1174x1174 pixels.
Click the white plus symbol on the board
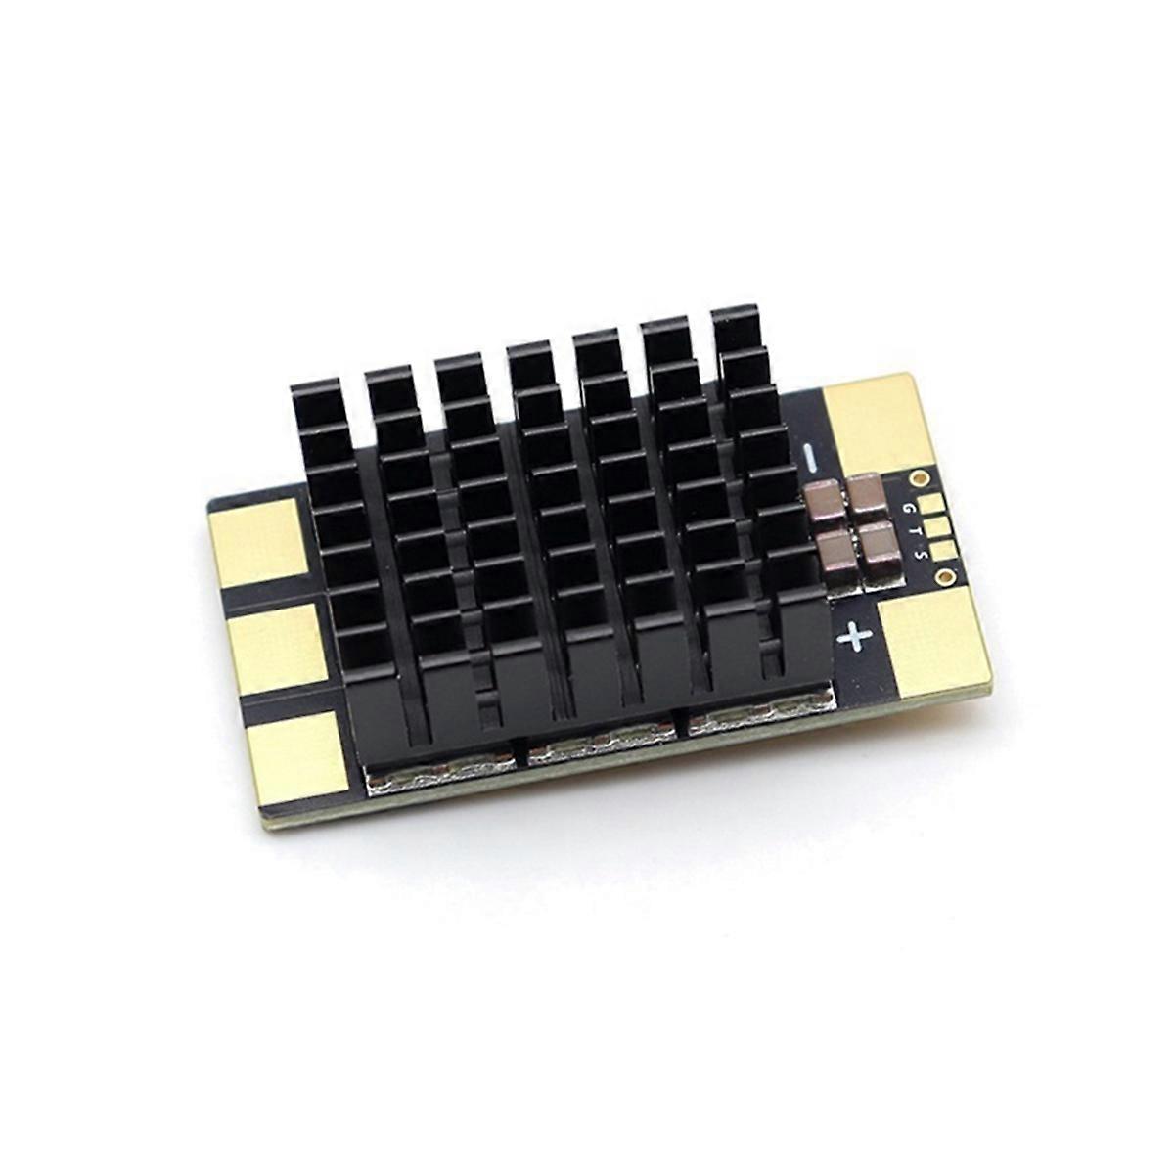(x=856, y=637)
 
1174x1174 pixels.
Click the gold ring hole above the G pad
(x=919, y=477)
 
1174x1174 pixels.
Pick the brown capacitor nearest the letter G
(x=864, y=492)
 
